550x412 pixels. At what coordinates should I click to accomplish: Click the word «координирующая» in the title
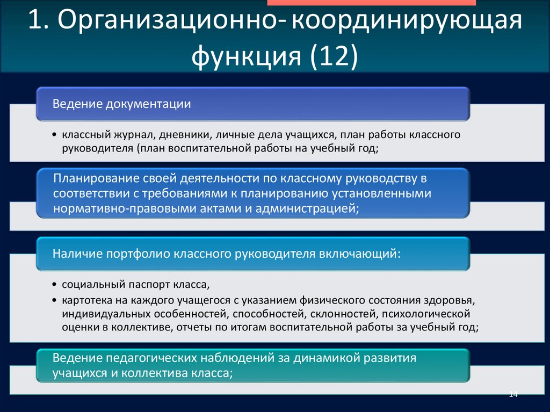407,24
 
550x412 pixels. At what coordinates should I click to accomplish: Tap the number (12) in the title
332,56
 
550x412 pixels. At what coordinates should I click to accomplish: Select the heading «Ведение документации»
121,103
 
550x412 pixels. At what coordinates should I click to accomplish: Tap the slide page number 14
513,395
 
